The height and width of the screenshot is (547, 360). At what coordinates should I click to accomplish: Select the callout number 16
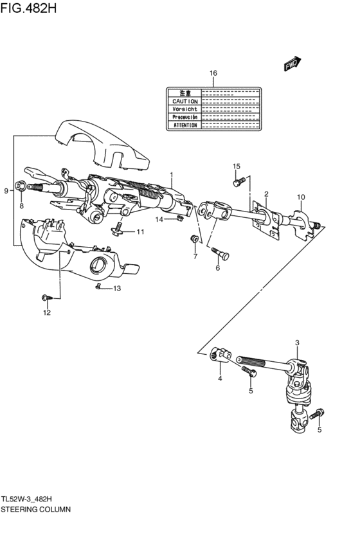pyautogui.click(x=213, y=73)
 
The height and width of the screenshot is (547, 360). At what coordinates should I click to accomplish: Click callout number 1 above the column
pyautogui.click(x=172, y=175)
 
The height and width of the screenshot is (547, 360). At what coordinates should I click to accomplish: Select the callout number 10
pyautogui.click(x=301, y=197)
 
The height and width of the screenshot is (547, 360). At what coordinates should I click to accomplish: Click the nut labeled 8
pyautogui.click(x=21, y=187)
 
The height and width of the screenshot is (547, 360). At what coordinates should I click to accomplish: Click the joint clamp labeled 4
pyautogui.click(x=219, y=354)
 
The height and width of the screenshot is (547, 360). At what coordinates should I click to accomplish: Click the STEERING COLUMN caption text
pyautogui.click(x=36, y=508)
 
